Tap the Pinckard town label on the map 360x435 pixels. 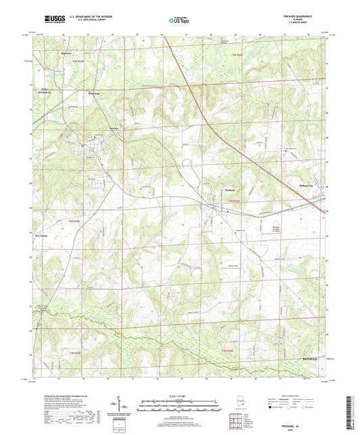[228, 192]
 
